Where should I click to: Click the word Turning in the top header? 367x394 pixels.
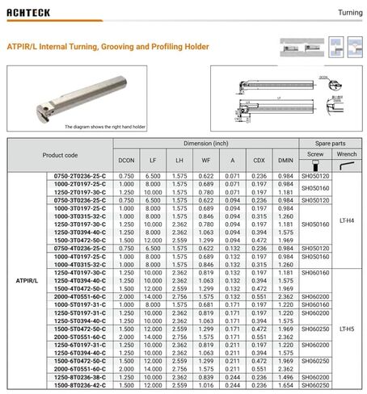tap(349, 14)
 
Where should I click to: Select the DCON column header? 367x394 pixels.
tap(127, 160)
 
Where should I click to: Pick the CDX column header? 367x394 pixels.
tap(259, 160)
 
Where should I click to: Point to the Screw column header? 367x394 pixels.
tap(315, 152)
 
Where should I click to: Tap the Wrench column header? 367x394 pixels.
tap(346, 152)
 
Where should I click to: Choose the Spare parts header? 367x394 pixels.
tap(331, 142)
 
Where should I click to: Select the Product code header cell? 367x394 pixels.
tap(61, 154)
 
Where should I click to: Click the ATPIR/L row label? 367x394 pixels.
tap(25, 280)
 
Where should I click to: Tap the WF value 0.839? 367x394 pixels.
tap(206, 377)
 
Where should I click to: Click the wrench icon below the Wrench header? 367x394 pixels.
tap(346, 165)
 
